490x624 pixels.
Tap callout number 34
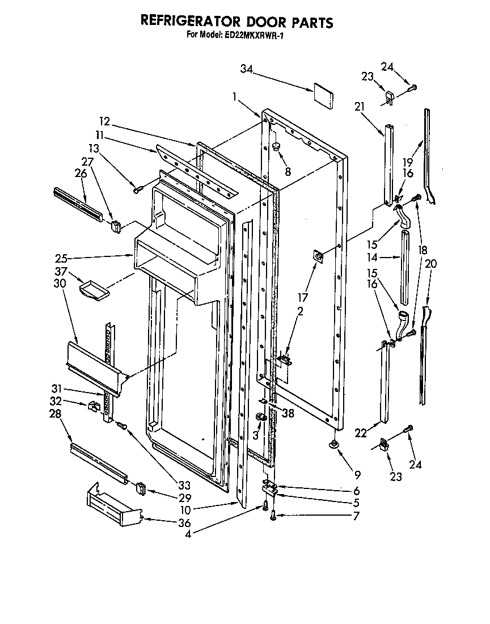[246, 69]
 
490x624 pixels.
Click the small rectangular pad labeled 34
[322, 96]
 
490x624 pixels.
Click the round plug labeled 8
[277, 147]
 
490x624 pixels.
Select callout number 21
[358, 107]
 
